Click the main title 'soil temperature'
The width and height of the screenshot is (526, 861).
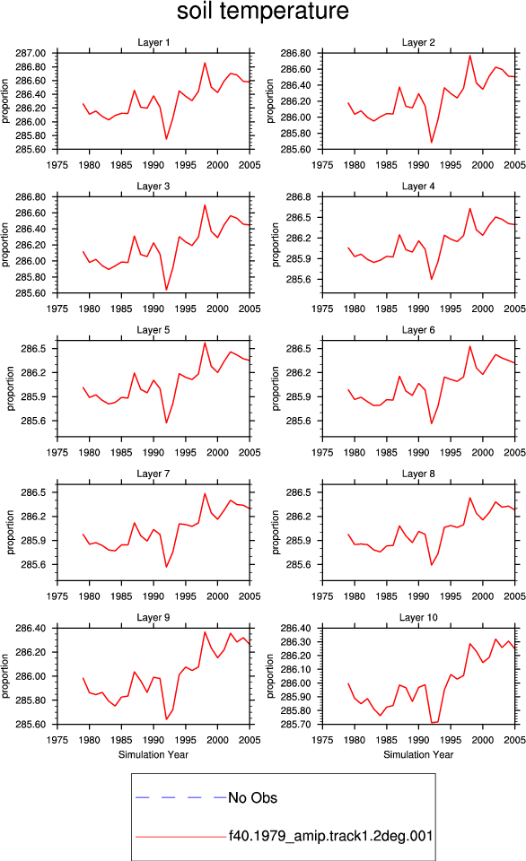click(x=263, y=11)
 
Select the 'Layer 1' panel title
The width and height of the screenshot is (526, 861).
click(x=153, y=42)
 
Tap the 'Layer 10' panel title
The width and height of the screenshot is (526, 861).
click(x=418, y=617)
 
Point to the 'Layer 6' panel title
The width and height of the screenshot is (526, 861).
click(x=418, y=329)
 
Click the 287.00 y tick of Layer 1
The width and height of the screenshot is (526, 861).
click(x=31, y=53)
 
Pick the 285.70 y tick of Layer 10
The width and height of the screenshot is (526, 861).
click(x=295, y=725)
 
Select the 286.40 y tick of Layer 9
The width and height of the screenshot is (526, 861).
click(x=31, y=628)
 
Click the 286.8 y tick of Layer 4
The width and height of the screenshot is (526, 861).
click(x=298, y=197)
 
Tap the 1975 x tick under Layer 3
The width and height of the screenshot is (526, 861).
click(x=57, y=309)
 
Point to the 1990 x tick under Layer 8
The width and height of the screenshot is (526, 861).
click(x=418, y=596)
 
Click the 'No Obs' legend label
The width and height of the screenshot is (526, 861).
click(x=252, y=798)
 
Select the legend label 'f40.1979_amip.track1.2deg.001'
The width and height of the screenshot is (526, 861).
click(x=330, y=836)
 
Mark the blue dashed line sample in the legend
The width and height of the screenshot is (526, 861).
click(x=180, y=797)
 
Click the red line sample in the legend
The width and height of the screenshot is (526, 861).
click(x=180, y=837)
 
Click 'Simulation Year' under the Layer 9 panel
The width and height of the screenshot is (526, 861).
click(x=153, y=754)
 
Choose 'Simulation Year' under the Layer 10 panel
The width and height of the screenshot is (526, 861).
click(x=418, y=754)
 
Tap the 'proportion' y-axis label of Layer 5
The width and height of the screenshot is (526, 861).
click(x=11, y=388)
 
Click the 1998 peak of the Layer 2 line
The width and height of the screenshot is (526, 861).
click(x=470, y=56)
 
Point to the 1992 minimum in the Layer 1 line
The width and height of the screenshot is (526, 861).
click(x=167, y=139)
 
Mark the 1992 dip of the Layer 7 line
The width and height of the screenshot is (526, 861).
click(x=167, y=567)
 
